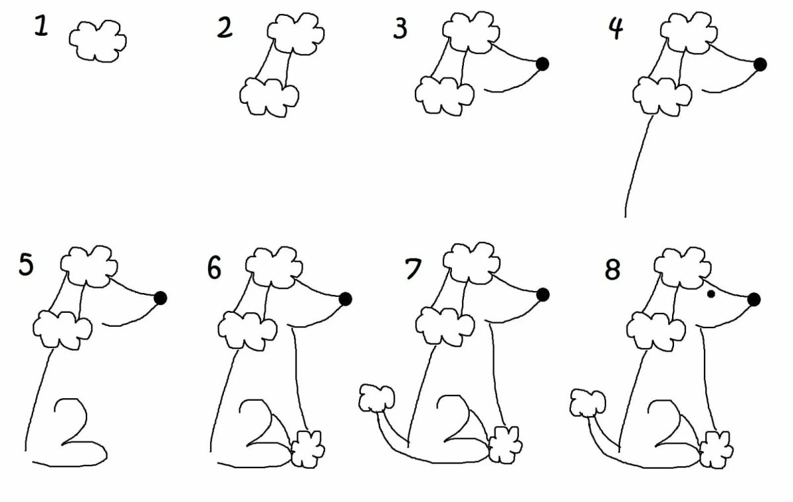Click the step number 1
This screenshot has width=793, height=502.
[x=41, y=27]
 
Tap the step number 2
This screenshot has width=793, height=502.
[x=225, y=28]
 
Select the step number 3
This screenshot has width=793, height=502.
[x=400, y=28]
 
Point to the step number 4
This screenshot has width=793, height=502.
[x=616, y=29]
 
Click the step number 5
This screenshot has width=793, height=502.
[x=26, y=264]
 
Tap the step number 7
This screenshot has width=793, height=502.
[x=413, y=269]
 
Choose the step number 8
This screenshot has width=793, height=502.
[x=613, y=270]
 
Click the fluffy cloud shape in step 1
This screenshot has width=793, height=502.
[x=98, y=41]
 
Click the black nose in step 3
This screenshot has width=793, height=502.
[x=543, y=64]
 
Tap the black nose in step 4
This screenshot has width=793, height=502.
[x=760, y=64]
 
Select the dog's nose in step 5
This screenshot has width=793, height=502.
[x=161, y=298]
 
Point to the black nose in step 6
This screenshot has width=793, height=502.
[x=345, y=299]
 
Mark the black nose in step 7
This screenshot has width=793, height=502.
[x=543, y=295]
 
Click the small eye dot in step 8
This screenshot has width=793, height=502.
[x=710, y=294]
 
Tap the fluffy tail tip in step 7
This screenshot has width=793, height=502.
[x=377, y=398]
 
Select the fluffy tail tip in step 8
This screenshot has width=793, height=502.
[x=587, y=403]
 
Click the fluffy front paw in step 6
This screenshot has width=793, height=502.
[x=307, y=449]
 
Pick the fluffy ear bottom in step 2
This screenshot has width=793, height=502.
[x=269, y=97]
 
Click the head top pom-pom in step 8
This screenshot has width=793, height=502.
[x=682, y=268]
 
